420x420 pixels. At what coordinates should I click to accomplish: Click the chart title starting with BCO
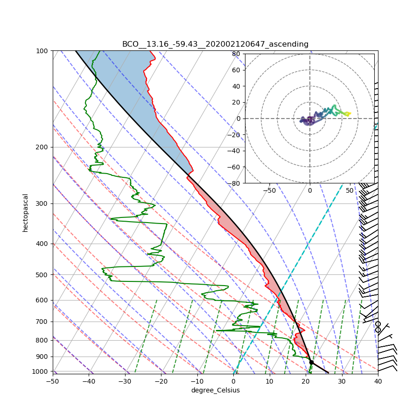tap(215, 44)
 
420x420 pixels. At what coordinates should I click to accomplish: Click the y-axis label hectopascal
tap(25, 212)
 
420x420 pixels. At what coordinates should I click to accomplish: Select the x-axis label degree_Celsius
tap(215, 390)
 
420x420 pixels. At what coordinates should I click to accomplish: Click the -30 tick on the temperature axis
tap(125, 381)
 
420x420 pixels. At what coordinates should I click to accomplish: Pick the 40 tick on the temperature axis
tap(378, 381)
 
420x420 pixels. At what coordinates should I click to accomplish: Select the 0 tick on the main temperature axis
tap(233, 381)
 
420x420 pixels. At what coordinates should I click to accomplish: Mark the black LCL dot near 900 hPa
tap(311, 362)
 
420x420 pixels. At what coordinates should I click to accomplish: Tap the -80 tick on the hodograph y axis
tap(234, 183)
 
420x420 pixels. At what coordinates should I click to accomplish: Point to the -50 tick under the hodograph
tap(269, 190)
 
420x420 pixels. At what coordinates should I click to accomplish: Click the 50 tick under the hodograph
tap(350, 190)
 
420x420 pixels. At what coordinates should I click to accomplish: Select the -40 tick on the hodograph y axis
tap(234, 151)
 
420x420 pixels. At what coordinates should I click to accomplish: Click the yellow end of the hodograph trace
tap(349, 113)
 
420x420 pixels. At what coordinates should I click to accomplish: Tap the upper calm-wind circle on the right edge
tap(378, 324)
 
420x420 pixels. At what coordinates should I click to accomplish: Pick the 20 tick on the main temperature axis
tap(306, 381)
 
